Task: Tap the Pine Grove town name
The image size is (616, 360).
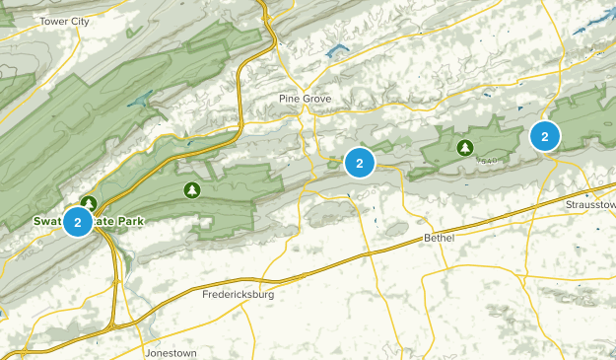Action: (x=305, y=99)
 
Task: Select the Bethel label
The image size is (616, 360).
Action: (x=438, y=239)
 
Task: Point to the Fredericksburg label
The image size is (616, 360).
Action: (x=238, y=294)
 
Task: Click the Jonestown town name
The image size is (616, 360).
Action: (x=171, y=352)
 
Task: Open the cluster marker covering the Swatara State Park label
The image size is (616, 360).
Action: (x=78, y=222)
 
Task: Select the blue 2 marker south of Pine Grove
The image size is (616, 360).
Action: (x=360, y=163)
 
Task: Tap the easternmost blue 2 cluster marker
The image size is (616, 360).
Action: (x=544, y=135)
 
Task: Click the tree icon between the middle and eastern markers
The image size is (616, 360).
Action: (x=464, y=148)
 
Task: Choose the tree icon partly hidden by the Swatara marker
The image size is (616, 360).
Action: (x=89, y=204)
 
